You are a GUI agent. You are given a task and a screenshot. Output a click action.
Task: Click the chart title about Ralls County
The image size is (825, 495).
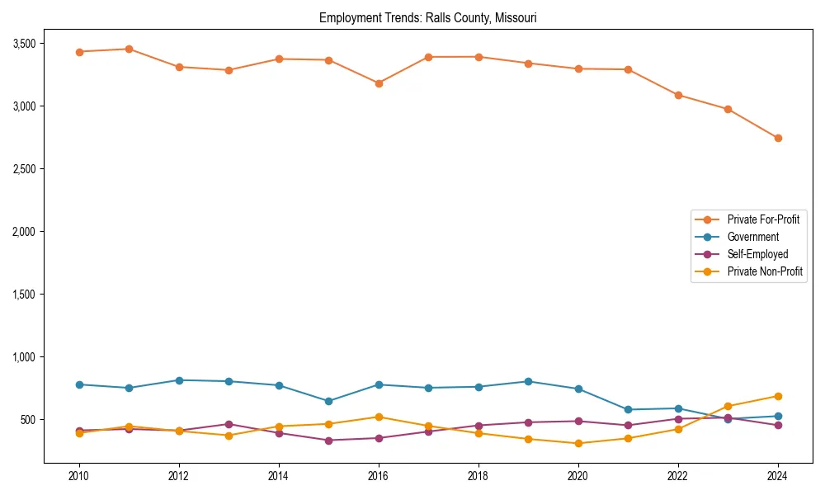tap(427, 18)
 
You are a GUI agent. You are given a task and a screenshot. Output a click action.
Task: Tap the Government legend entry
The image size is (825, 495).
tap(752, 237)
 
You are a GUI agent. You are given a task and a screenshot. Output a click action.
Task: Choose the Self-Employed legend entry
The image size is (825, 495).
tap(757, 254)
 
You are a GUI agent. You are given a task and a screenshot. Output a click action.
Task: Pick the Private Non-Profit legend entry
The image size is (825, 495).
tap(765, 271)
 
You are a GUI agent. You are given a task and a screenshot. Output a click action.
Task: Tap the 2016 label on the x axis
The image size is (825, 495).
tap(378, 476)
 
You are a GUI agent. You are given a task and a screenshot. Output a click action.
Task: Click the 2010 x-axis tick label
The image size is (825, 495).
tap(79, 476)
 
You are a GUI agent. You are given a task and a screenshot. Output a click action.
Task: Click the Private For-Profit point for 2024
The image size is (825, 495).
tap(778, 138)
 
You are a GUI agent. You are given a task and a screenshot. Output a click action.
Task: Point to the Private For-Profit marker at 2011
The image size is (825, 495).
tap(129, 49)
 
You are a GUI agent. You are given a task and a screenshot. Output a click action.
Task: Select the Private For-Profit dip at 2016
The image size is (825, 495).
tap(378, 83)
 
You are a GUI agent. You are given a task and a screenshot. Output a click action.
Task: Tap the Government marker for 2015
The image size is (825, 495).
tap(328, 401)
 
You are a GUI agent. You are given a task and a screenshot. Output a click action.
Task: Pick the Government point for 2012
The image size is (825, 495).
tap(179, 380)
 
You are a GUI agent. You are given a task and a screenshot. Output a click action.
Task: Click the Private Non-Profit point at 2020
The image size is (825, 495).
tap(578, 443)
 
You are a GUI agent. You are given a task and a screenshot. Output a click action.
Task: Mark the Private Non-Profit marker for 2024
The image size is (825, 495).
tap(778, 396)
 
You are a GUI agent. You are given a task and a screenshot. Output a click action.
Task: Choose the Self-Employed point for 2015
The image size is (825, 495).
tap(328, 441)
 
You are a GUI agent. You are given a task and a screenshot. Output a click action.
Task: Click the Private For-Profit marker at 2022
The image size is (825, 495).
tap(678, 95)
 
